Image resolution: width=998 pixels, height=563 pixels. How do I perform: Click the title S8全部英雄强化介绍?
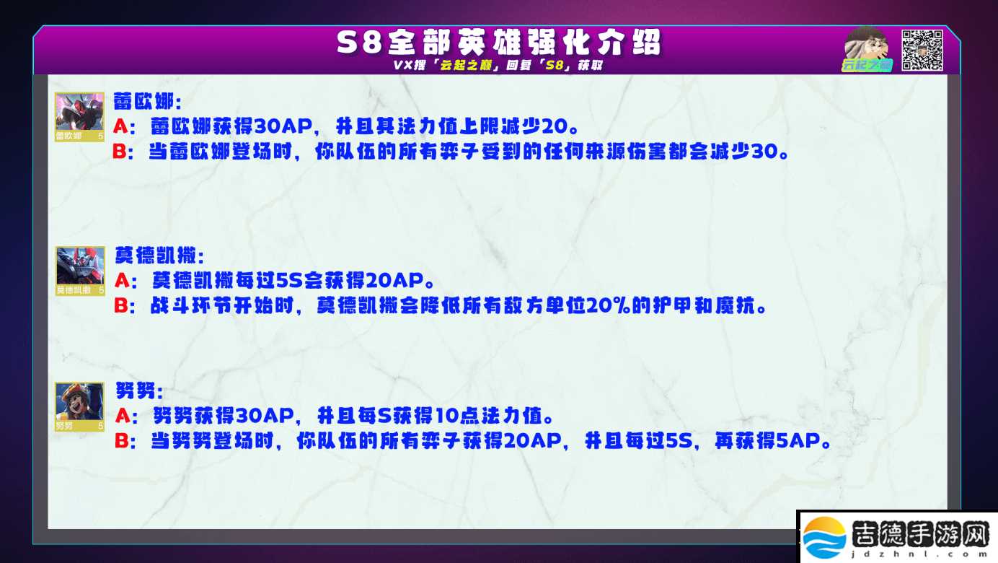coord(498,43)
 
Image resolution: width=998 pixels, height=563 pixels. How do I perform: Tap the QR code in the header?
coord(922,50)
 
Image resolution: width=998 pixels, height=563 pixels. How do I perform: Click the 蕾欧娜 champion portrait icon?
coord(79,117)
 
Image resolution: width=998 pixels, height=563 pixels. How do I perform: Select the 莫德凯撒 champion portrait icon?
coord(80,271)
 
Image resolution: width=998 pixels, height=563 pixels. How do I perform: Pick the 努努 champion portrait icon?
coord(79,406)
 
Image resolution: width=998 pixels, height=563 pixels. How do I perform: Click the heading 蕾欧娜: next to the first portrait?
coord(148,102)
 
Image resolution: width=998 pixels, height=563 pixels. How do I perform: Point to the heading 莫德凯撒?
coord(159,256)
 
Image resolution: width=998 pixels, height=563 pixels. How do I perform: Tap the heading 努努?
coord(139,390)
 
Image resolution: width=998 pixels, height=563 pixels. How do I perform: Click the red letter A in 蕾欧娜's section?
coord(120,126)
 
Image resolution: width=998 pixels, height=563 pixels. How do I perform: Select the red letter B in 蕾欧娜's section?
coord(120,152)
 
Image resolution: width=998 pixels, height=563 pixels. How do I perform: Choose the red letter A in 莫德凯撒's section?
coord(122,281)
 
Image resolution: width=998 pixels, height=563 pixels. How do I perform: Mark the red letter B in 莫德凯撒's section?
coord(121,306)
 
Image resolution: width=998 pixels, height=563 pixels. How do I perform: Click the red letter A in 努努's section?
coord(123,416)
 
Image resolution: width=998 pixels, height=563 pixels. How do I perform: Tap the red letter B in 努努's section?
coord(122,441)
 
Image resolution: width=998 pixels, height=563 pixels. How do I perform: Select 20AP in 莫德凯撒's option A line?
coord(394,281)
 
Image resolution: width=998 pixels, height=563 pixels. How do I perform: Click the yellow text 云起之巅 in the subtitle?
coord(466,66)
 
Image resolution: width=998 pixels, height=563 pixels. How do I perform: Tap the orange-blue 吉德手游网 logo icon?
coord(825,538)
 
